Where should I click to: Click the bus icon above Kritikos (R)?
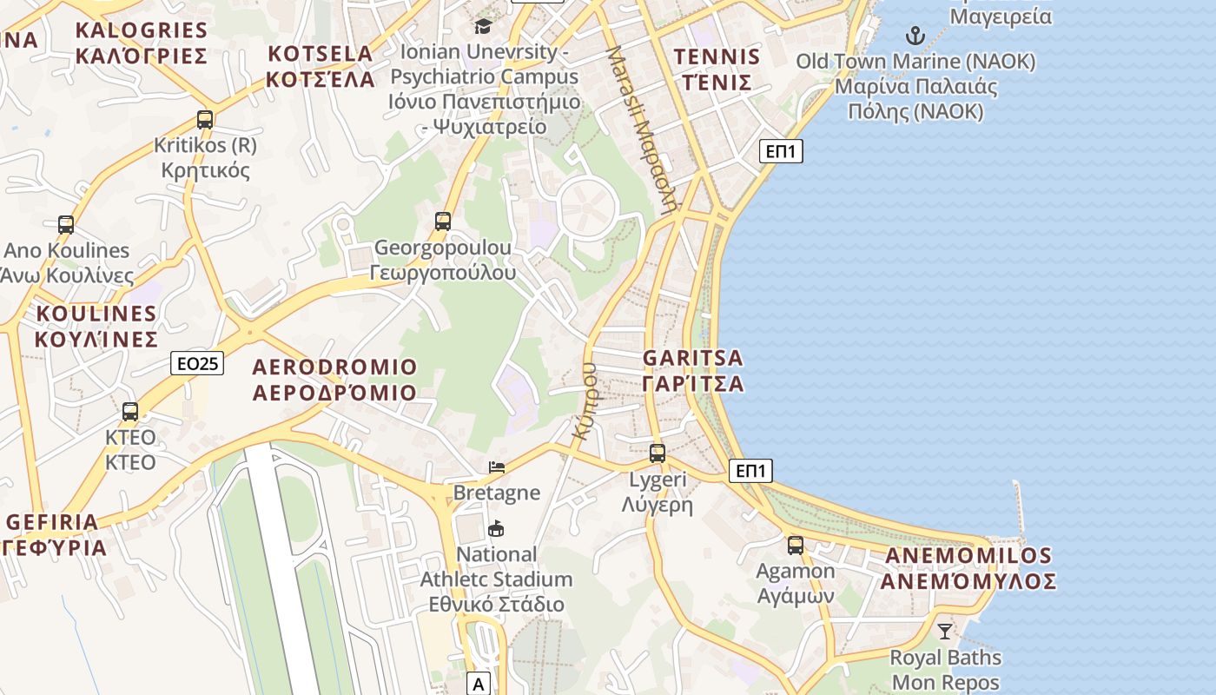coord(205,120)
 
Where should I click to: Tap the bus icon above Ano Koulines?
coord(66,225)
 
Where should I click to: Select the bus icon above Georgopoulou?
coord(443,222)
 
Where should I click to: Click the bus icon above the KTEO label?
coord(130,412)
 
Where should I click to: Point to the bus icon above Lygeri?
coord(658,453)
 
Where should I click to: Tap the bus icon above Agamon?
coord(796,546)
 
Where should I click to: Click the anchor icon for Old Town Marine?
coord(915,36)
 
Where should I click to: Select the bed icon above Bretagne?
coord(497,467)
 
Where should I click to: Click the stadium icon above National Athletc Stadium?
coord(496,528)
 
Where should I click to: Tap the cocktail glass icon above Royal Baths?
coord(945,632)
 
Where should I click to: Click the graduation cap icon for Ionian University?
coord(483,26)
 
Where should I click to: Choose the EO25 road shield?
coord(197,363)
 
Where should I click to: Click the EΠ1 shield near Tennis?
coord(781,151)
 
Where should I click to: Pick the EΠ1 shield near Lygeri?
coord(750,471)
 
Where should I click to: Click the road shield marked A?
coord(479,684)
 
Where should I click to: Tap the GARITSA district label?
coord(693,371)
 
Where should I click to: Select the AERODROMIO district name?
coord(334,380)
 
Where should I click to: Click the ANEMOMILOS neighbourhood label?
coord(968,568)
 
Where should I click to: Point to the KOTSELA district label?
coord(321,66)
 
